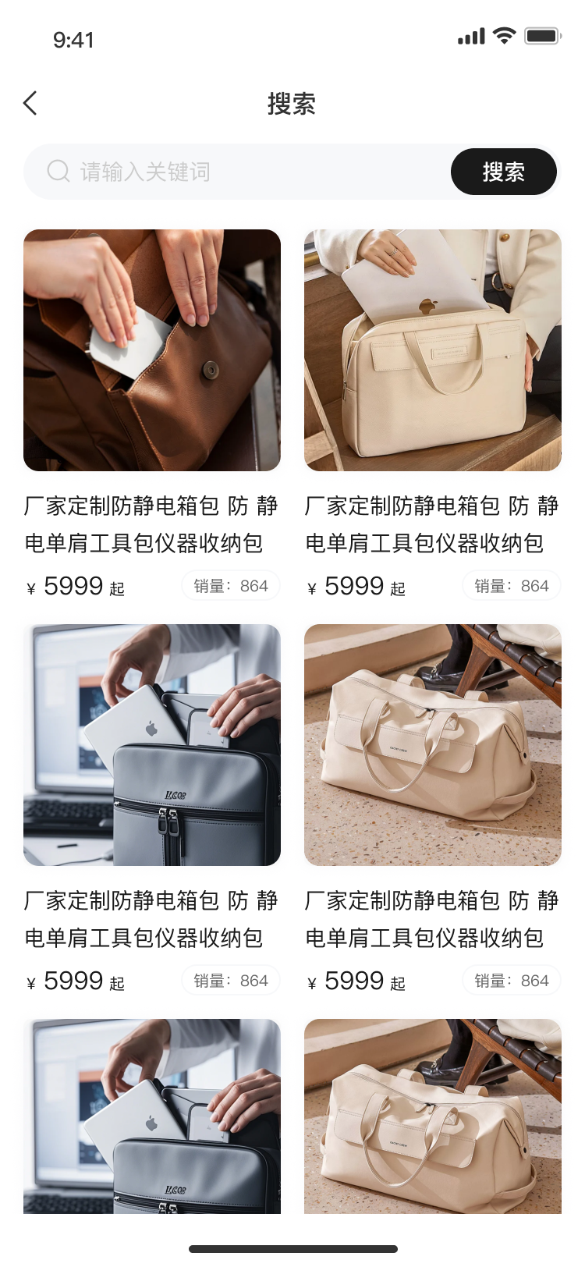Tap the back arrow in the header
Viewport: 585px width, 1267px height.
coord(30,103)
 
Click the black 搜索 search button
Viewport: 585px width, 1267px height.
coord(504,172)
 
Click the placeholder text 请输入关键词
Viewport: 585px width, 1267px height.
coord(145,172)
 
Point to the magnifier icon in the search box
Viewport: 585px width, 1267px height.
coord(58,171)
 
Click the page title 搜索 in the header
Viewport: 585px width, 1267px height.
coord(292,104)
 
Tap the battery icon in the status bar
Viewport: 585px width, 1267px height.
coord(543,36)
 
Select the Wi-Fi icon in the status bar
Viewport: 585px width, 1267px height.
coord(504,36)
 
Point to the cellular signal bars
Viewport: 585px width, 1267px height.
coord(471,36)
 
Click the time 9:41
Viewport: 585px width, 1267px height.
coord(73,40)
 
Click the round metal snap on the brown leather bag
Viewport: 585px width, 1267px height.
coord(211,369)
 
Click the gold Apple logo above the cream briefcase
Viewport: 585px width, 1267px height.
coord(428,306)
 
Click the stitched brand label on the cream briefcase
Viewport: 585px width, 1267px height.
coord(450,353)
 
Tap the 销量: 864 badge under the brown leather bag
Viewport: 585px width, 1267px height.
coord(231,585)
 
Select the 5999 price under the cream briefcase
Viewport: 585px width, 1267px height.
coord(354,585)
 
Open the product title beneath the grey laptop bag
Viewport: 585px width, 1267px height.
coord(151,918)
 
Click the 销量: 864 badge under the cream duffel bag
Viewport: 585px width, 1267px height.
coord(512,980)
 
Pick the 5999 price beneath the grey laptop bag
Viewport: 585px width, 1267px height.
coord(73,980)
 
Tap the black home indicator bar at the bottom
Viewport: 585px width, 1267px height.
coord(293,1249)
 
